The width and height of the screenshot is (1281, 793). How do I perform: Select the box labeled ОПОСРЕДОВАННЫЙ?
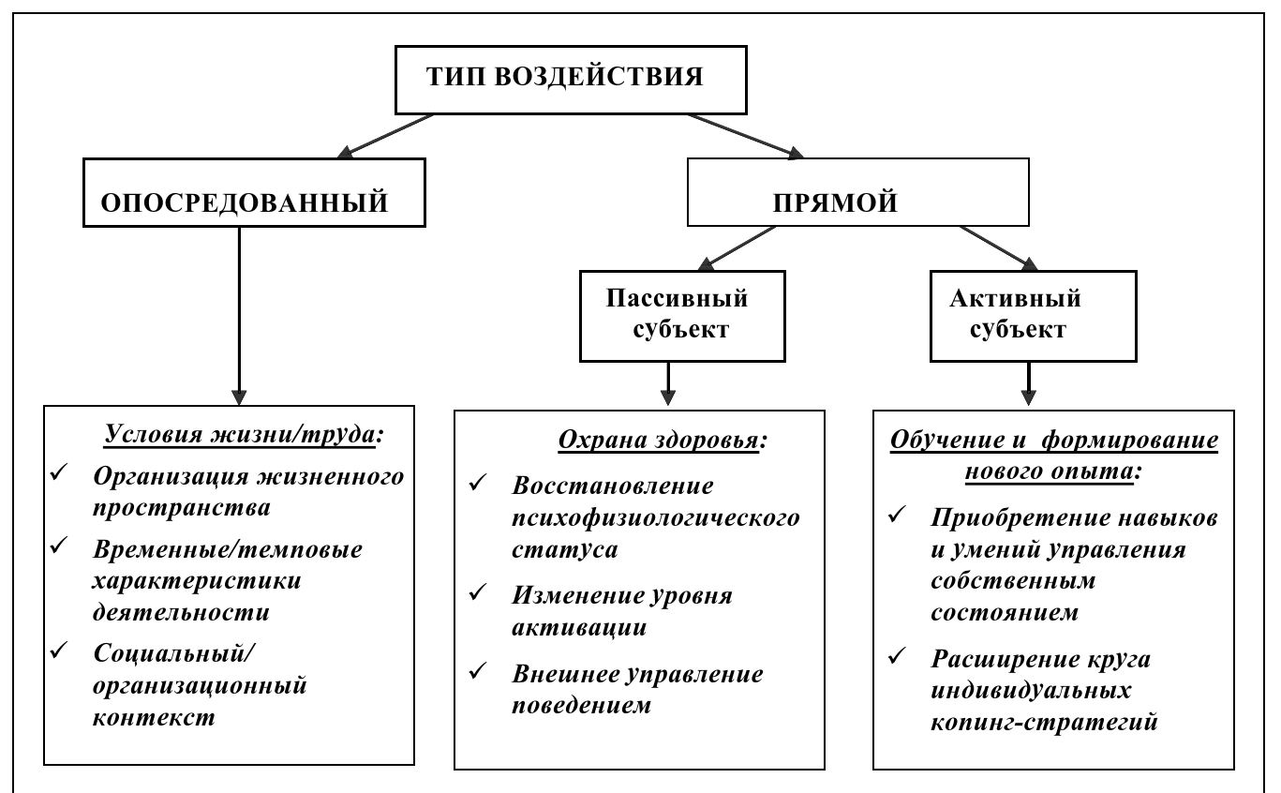[x=254, y=193]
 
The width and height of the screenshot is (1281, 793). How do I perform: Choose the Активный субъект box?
[x=1033, y=316]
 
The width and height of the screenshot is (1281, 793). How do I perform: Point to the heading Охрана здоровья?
[x=662, y=441]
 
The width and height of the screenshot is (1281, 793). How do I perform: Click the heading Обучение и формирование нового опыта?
[x=1053, y=455]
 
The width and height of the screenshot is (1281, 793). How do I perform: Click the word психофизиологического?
[x=655, y=517]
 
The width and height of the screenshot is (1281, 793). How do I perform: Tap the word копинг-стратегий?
[x=1044, y=723]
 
